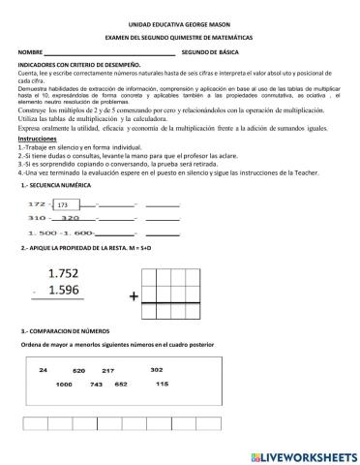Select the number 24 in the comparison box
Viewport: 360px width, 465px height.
click(44, 370)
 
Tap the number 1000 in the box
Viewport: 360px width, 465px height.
click(64, 385)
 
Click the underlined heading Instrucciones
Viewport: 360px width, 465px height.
click(38, 139)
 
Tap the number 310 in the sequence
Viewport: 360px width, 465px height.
click(39, 218)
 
